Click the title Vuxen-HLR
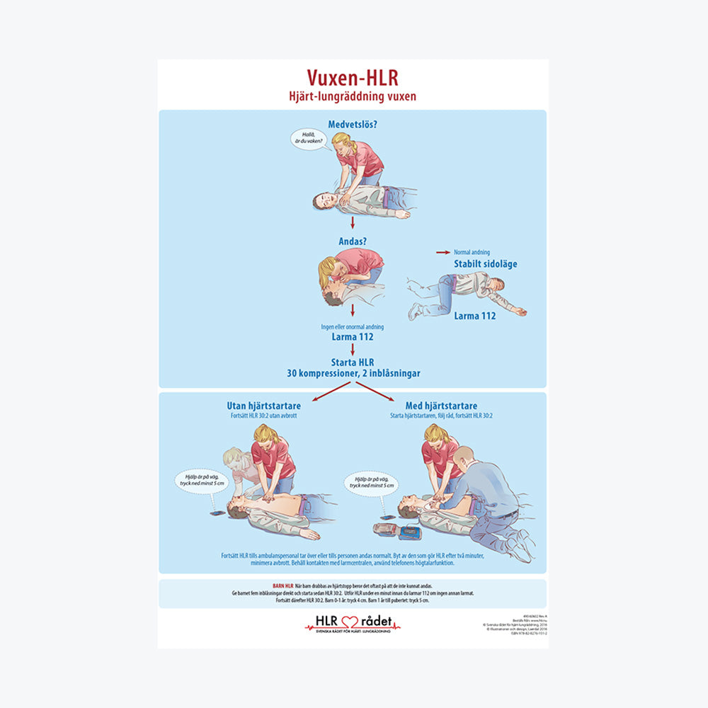click(353, 77)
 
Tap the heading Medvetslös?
click(353, 125)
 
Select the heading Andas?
click(352, 241)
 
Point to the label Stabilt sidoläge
click(485, 264)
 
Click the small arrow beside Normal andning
click(443, 252)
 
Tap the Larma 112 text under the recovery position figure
click(474, 316)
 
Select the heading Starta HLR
click(352, 362)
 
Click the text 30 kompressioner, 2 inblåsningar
click(352, 373)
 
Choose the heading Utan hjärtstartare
click(263, 406)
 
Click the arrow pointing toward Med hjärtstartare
click(375, 391)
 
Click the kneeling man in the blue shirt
click(489, 496)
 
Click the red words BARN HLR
click(282, 586)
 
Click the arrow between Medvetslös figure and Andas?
click(352, 224)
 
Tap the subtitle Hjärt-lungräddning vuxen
click(353, 96)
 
